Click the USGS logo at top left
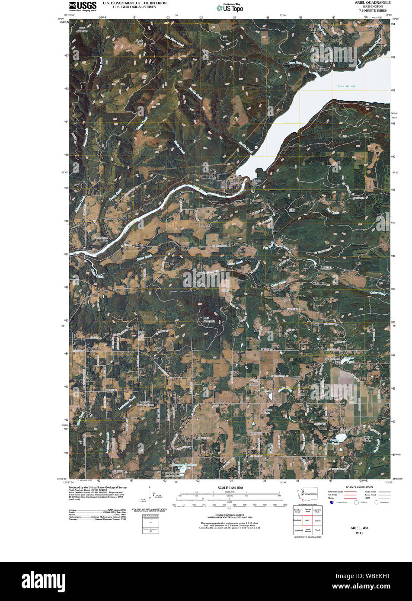pos(83,6)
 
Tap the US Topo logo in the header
pos(230,8)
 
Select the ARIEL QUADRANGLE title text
pos(372,3)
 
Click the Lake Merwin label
pos(346,86)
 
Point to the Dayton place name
pos(326,267)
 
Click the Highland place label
pos(93,348)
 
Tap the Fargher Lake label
pos(367,439)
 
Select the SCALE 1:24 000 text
pos(230,488)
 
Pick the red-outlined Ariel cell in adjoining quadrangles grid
pos(307,521)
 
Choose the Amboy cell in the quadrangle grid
pos(317,521)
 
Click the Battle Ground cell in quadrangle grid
pos(307,530)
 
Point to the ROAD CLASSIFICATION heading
pos(359,487)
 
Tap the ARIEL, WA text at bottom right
pos(359,528)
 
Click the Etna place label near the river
pos(139,245)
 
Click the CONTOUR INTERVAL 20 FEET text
pos(230,515)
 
